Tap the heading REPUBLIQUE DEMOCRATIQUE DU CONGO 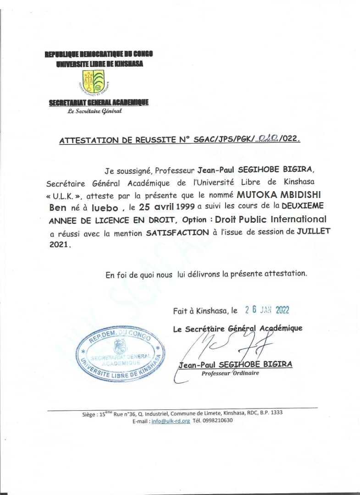pyautogui.click(x=99, y=54)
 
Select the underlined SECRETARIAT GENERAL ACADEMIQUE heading pyautogui.click(x=99, y=103)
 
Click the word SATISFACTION pyautogui.click(x=177, y=232)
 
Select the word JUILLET pyautogui.click(x=313, y=231)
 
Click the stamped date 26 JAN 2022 pyautogui.click(x=267, y=310)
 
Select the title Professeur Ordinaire pyautogui.click(x=230, y=373)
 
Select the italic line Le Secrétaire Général pyautogui.click(x=94, y=111)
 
